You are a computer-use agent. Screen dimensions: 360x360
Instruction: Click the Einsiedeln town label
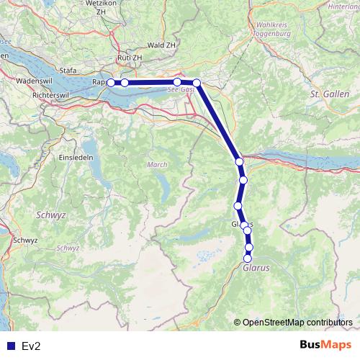click(x=76, y=157)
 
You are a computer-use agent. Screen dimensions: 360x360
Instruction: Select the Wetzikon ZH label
click(x=101, y=8)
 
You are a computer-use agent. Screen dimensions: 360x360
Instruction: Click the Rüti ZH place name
click(x=130, y=57)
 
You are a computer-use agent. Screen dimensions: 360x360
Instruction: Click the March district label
click(x=157, y=165)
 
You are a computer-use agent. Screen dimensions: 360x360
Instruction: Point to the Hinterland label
click(x=344, y=6)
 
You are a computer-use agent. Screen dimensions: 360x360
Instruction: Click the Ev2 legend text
click(x=30, y=347)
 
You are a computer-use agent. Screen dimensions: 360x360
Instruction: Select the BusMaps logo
click(x=326, y=346)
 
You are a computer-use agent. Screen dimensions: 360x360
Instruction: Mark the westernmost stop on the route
click(x=111, y=83)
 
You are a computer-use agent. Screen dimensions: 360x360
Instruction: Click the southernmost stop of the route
click(x=248, y=258)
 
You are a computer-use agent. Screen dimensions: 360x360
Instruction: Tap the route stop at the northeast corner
click(x=197, y=83)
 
